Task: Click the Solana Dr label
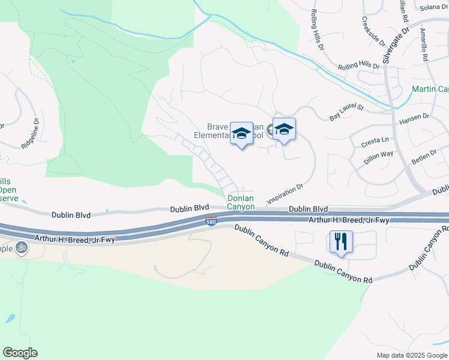point(434,7)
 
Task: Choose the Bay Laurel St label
point(347,112)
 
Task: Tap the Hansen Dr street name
point(414,118)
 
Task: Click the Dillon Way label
point(379,158)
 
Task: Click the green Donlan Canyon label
point(240,202)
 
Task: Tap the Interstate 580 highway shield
point(211,221)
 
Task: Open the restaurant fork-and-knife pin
point(341,242)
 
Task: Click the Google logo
point(20,353)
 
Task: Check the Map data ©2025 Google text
point(411,355)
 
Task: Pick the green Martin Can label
point(430,89)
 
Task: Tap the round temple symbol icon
point(22,247)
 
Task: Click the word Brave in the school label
point(218,127)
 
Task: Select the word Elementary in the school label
point(214,136)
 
